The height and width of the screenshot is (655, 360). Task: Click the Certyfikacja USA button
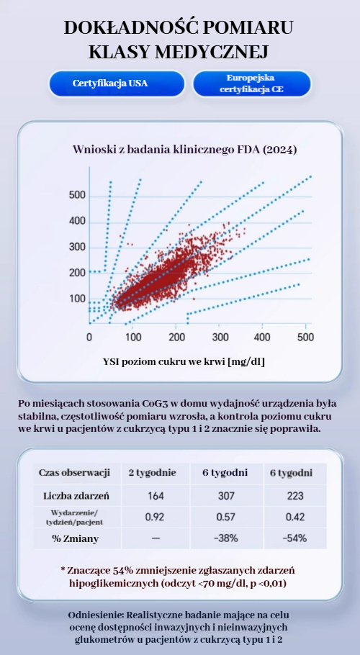click(x=117, y=83)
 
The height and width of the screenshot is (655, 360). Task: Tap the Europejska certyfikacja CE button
click(x=251, y=83)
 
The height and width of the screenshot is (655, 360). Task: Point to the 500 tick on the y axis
click(x=77, y=196)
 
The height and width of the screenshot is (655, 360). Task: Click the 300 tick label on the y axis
click(x=77, y=248)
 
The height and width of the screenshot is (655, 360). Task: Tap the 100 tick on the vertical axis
click(x=77, y=299)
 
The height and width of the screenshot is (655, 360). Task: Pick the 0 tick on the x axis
click(x=89, y=337)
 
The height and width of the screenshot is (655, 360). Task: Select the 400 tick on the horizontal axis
click(x=262, y=337)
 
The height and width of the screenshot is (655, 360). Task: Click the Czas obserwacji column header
click(x=74, y=473)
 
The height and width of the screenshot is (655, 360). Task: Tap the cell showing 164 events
click(x=156, y=496)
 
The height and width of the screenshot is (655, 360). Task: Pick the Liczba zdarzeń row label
click(x=76, y=496)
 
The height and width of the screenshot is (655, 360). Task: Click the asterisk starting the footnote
click(x=63, y=570)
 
